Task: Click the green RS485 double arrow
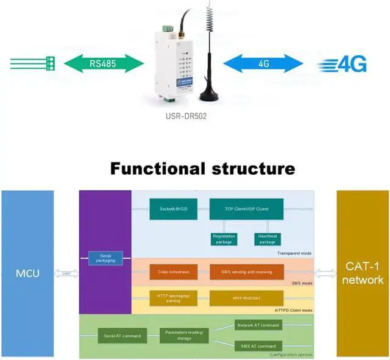[102, 62]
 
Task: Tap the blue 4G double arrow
[263, 63]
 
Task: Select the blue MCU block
[27, 273]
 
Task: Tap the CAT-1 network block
[363, 273]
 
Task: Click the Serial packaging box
[105, 258]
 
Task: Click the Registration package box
[224, 239]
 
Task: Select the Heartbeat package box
[267, 239]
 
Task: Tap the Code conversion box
[173, 272]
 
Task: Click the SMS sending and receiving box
[246, 272]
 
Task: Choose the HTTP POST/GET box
[246, 298]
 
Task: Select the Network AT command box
[258, 325]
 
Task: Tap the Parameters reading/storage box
[185, 335]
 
